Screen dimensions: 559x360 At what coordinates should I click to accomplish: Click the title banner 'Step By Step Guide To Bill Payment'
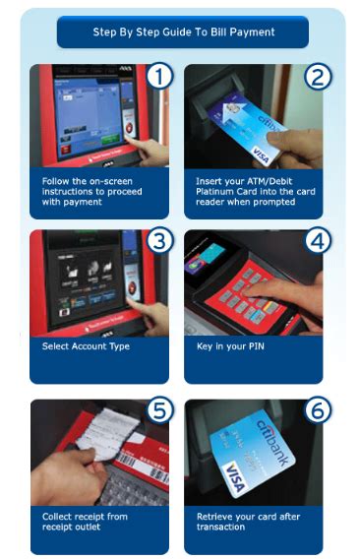(x=183, y=31)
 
